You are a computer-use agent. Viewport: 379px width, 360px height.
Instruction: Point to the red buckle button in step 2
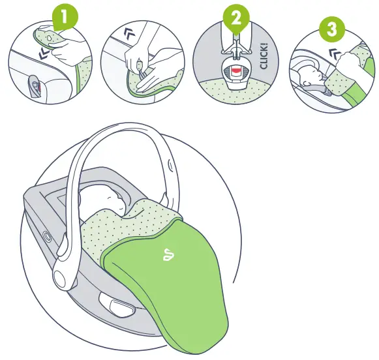point(235,68)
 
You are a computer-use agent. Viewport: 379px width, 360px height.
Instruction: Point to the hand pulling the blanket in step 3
point(352,62)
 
